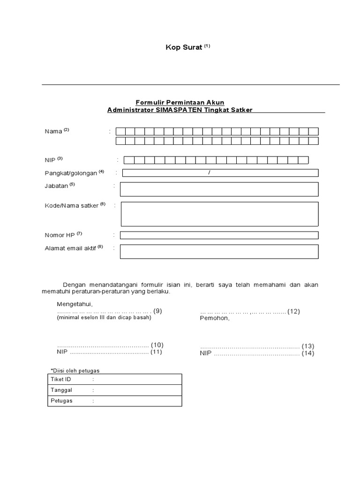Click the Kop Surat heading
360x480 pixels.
tap(184, 47)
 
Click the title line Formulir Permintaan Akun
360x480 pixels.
tap(180, 102)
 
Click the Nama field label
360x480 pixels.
tap(53, 131)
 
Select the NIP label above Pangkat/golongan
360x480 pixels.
tap(50, 160)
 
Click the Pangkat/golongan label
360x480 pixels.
tap(71, 173)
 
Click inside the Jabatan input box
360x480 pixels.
tap(219, 189)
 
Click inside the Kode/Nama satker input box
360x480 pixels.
tap(219, 214)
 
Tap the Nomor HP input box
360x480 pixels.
tap(219, 235)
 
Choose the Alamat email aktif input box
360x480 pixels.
tap(219, 251)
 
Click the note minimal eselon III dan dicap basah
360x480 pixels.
tap(104, 317)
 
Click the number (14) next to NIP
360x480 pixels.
tap(307, 353)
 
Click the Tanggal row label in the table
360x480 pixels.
tap(61, 390)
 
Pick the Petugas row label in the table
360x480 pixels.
tap(61, 401)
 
